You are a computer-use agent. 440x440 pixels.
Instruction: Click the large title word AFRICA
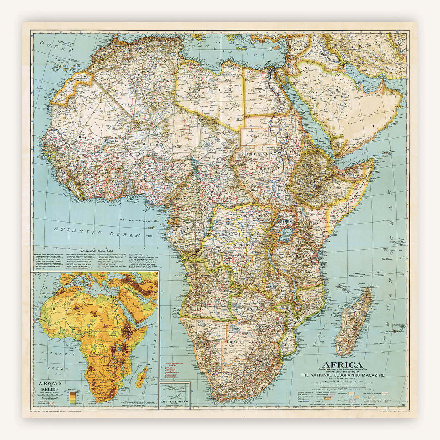341,365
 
